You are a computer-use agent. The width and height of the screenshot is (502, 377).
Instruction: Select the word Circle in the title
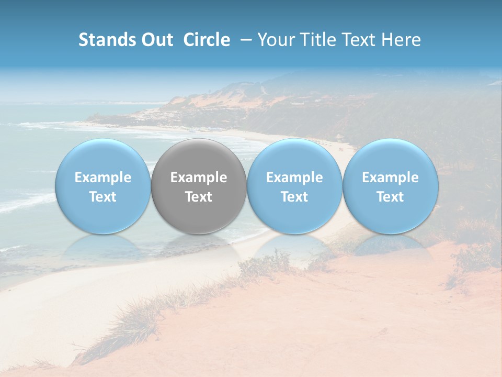pyautogui.click(x=207, y=40)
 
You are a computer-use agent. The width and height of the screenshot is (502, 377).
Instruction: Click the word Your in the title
pyautogui.click(x=275, y=40)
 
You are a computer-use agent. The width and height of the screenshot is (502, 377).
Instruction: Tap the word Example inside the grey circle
pyautogui.click(x=199, y=178)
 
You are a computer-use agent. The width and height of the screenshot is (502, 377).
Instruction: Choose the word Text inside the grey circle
pyautogui.click(x=199, y=197)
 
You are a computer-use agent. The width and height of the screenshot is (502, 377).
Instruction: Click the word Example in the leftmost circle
pyautogui.click(x=103, y=178)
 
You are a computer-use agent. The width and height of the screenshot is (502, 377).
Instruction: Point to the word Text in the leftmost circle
pyautogui.click(x=103, y=197)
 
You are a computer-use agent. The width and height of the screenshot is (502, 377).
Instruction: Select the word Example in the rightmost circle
pyautogui.click(x=391, y=178)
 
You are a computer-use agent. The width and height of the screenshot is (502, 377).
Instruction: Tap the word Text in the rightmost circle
pyautogui.click(x=391, y=197)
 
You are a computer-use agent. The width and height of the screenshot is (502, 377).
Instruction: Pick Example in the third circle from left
pyautogui.click(x=294, y=178)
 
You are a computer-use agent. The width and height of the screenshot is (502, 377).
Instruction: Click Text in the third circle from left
pyautogui.click(x=294, y=197)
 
